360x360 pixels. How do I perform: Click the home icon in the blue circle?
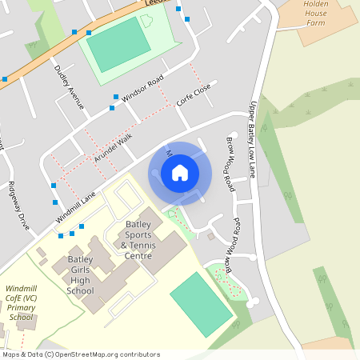(180, 173)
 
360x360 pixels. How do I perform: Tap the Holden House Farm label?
(318, 14)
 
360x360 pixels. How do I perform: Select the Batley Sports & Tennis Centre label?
(138, 239)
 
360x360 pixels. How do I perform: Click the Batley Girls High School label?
(81, 275)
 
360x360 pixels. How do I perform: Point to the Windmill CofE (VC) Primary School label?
(22, 302)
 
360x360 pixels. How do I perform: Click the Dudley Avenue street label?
(69, 86)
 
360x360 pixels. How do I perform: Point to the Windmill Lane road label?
(76, 206)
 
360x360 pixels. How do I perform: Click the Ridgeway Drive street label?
(18, 206)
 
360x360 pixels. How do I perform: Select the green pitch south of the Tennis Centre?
(202, 303)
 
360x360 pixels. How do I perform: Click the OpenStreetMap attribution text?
(80, 354)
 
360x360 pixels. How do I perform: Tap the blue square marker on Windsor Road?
(115, 96)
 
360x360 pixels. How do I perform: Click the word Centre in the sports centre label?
(138, 256)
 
